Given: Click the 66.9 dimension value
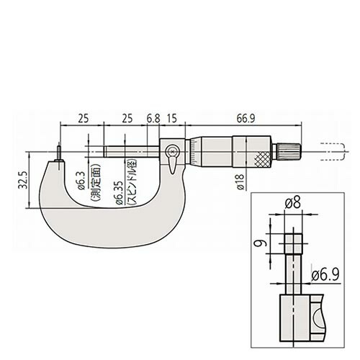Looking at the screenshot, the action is (x=246, y=118).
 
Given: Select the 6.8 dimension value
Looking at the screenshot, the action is (x=153, y=118).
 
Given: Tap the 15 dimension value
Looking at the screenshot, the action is (x=172, y=118).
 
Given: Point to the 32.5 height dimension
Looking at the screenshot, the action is (x=22, y=180).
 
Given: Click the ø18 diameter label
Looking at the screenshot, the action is (x=240, y=181).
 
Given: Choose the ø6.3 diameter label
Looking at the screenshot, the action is (x=81, y=181).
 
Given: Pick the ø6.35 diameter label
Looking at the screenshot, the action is (x=120, y=193).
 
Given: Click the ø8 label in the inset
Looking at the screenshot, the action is (x=292, y=203).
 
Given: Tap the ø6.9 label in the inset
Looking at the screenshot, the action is (x=325, y=274).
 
